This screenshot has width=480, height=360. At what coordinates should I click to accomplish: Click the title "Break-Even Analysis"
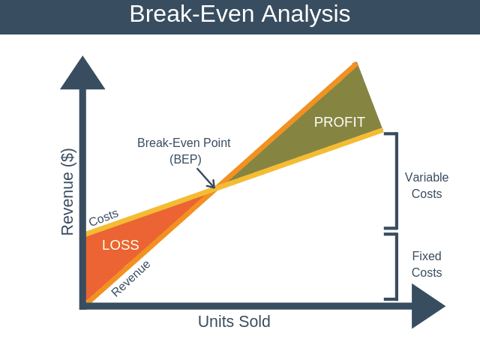pyautogui.click(x=239, y=14)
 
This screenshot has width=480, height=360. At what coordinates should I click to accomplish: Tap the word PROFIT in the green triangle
pyautogui.click(x=339, y=122)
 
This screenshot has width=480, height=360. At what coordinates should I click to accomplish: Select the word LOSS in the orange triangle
pyautogui.click(x=120, y=245)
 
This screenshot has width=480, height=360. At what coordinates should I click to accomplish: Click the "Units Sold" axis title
pyautogui.click(x=234, y=322)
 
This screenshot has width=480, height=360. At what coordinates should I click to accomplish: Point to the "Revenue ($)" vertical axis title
pyautogui.click(x=67, y=192)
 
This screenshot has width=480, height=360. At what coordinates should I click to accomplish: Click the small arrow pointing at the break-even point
pyautogui.click(x=205, y=178)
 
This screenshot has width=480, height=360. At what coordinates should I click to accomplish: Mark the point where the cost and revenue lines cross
pyautogui.click(x=217, y=188)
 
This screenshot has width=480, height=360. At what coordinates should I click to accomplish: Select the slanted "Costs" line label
pyautogui.click(x=103, y=217)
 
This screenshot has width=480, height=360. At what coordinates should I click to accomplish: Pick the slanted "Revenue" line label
pyautogui.click(x=130, y=278)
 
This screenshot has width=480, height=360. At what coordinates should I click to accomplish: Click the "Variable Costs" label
pyautogui.click(x=427, y=185)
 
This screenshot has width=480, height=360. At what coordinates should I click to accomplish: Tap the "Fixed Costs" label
pyautogui.click(x=427, y=264)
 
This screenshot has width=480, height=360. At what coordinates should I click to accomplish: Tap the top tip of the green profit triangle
pyautogui.click(x=356, y=64)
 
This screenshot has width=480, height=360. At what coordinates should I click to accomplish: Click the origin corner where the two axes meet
pyautogui.click(x=82, y=305)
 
